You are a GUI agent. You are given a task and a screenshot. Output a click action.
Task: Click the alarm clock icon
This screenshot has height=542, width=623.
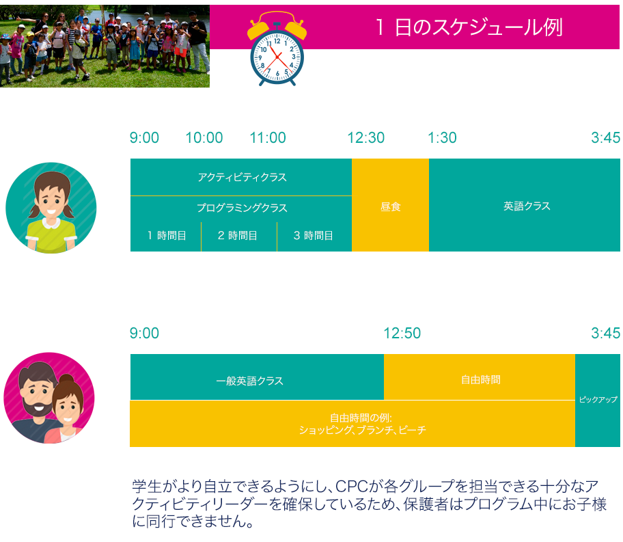coord(277,49)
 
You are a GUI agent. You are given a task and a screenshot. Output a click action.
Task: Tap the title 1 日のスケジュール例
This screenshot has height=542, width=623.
coord(469,27)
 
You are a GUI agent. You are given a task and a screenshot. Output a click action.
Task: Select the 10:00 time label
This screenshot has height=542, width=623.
coord(204,138)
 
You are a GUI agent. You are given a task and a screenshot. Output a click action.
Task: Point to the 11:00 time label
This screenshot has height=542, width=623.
coord(268,138)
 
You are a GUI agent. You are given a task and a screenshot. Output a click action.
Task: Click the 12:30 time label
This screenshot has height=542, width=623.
coord(366,138)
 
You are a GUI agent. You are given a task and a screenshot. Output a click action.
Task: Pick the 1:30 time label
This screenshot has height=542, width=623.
coord(442,138)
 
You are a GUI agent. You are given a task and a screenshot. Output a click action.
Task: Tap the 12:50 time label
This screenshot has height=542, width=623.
coord(402,334)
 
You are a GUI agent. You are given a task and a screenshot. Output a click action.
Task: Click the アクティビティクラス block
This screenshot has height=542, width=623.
coord(241,177)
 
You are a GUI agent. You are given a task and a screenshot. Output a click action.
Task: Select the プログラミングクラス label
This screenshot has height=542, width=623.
coord(242,208)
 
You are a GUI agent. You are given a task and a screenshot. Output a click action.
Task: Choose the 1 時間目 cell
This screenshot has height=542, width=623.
coord(166,236)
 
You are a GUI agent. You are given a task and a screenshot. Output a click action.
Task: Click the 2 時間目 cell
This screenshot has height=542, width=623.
coord(239,236)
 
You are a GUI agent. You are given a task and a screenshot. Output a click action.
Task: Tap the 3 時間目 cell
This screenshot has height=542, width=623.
coord(314,236)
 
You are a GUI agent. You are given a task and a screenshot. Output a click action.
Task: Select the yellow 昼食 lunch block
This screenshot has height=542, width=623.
coord(390,205)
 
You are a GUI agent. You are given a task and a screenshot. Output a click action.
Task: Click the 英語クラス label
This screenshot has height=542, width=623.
coord(527,206)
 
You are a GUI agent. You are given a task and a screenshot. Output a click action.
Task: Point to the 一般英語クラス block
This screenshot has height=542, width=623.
coord(257,377)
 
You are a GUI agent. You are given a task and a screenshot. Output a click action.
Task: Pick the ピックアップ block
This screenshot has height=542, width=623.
coord(598,401)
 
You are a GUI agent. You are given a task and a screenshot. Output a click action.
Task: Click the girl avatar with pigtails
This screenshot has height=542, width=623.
coord(51,208)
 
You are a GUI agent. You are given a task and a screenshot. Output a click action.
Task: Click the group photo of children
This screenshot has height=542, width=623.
coord(105,46)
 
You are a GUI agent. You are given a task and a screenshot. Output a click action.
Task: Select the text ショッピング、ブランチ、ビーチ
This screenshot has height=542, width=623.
coord(362,431)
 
